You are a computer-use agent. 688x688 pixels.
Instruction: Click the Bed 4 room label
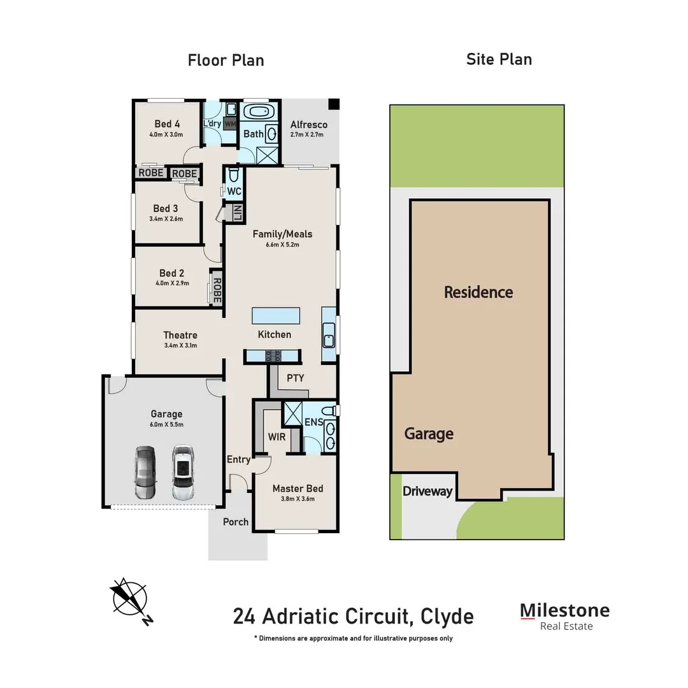tap(167, 124)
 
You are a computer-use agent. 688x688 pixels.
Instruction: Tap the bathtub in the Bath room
tap(259, 113)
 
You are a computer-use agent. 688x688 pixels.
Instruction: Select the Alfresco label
tap(308, 125)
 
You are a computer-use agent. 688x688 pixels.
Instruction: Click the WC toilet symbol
tap(233, 175)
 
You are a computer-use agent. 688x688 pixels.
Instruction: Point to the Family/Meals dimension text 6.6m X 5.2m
tap(282, 244)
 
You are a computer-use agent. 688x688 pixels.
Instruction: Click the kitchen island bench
tap(276, 315)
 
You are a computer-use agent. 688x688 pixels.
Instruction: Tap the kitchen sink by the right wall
tap(329, 335)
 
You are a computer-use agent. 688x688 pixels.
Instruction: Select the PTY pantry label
tap(295, 378)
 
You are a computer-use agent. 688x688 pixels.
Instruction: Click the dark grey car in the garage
tap(145, 472)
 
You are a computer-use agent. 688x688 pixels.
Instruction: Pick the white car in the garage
tap(183, 472)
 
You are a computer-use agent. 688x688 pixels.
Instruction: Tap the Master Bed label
tap(297, 489)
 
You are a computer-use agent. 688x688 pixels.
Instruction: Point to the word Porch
tap(236, 522)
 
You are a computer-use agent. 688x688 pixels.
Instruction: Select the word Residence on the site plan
tap(478, 292)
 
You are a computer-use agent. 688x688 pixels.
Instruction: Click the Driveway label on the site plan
tap(427, 491)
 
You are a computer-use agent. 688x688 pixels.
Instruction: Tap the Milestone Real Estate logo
tap(564, 616)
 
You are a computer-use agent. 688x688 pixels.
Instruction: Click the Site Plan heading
tap(499, 60)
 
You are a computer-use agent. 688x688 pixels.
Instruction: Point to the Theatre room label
tap(180, 335)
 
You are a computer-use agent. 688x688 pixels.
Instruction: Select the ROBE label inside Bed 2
tap(217, 290)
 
